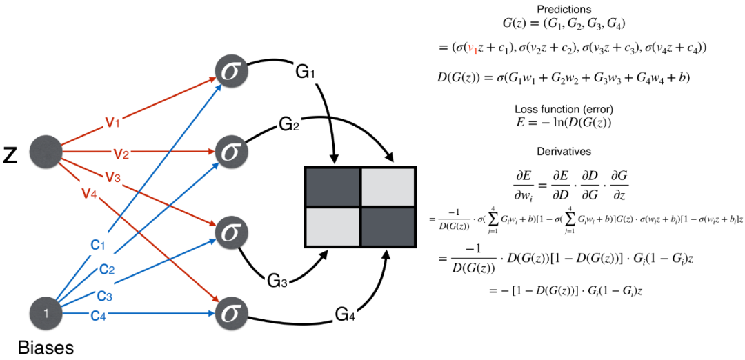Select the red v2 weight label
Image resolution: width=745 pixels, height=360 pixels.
(121, 152)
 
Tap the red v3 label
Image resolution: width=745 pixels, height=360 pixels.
(113, 177)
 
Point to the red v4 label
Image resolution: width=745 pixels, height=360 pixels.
(90, 192)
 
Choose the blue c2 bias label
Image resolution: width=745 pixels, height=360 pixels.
(107, 269)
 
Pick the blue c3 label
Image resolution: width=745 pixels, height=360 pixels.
(104, 295)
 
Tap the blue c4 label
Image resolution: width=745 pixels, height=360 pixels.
(98, 315)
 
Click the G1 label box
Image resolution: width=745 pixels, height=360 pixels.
(306, 71)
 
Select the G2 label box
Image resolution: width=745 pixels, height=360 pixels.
(289, 123)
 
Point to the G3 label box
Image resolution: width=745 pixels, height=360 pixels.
(277, 281)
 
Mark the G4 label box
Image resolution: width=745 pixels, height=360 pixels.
(345, 314)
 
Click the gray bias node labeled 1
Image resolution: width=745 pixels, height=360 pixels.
(46, 314)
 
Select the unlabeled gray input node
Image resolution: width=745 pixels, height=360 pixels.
(46, 151)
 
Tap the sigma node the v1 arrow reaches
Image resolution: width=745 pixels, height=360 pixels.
(231, 71)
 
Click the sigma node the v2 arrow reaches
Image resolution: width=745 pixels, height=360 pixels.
(231, 151)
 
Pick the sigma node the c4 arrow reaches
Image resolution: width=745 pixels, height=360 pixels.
(231, 314)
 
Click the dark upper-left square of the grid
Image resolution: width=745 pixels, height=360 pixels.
(333, 187)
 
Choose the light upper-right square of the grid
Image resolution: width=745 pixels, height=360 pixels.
(388, 187)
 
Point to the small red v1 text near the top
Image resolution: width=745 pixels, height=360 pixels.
(473, 49)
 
